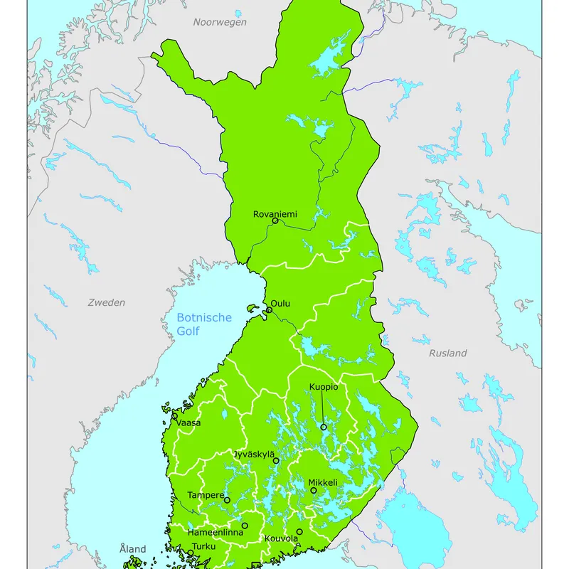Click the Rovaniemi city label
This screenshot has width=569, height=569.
[x=275, y=213]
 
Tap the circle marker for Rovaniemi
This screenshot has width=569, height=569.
[x=275, y=221]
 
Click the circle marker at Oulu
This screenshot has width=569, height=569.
[x=269, y=310]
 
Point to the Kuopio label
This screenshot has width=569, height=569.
[x=323, y=387]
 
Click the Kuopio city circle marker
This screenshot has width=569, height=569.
[x=323, y=427]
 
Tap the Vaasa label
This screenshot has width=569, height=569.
[x=189, y=422]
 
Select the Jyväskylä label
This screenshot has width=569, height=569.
[x=254, y=454]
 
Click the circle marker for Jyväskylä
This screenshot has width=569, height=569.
[x=276, y=461]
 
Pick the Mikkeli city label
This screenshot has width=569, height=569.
[x=322, y=482]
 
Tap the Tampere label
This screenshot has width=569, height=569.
[x=206, y=494]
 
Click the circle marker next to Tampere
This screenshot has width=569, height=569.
[x=227, y=500]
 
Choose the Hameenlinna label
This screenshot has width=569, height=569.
[x=215, y=532]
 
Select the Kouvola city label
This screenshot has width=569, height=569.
[x=281, y=538]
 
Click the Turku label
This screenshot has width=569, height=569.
[x=203, y=546]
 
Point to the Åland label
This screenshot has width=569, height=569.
[x=132, y=549]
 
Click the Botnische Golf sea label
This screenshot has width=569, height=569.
[x=204, y=324]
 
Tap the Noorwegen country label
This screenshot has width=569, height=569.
[x=220, y=22]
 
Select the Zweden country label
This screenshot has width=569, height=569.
[x=106, y=302]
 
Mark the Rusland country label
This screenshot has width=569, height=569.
[x=448, y=353]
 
